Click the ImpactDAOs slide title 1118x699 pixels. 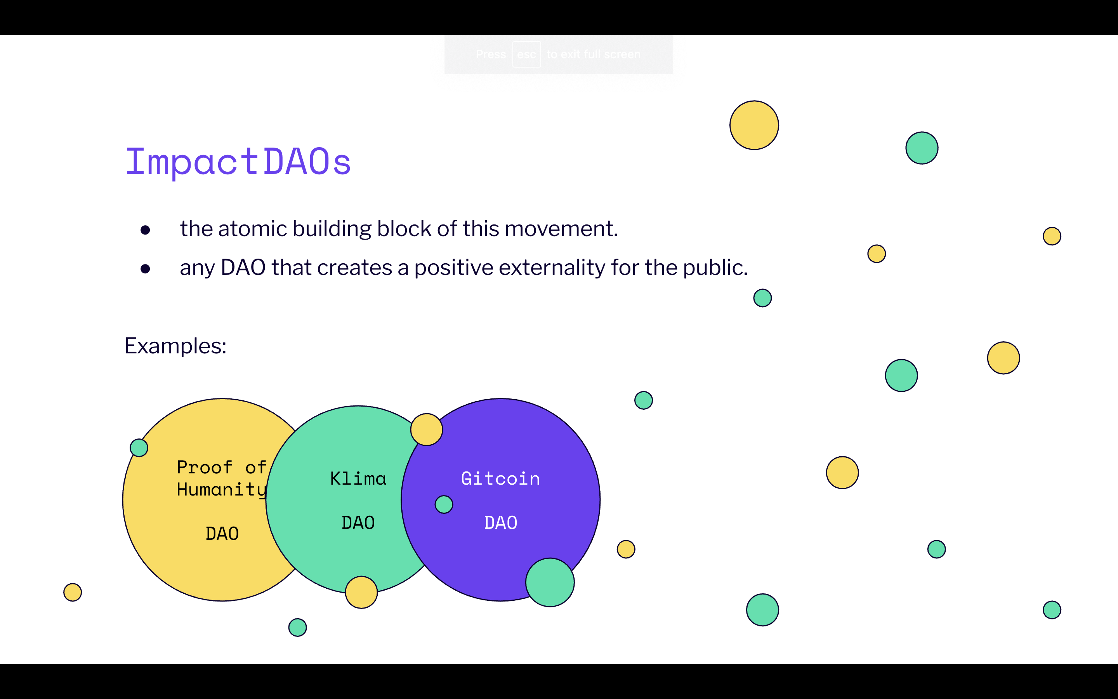[238, 162]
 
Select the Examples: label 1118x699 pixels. [175, 346]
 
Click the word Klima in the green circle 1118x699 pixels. [358, 478]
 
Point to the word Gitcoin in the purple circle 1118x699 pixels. [500, 478]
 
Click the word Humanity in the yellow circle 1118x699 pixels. [222, 490]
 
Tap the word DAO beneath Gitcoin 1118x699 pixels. [500, 523]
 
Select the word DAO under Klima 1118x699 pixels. [358, 523]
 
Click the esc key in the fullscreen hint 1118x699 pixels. [526, 54]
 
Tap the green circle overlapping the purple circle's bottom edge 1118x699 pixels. [550, 582]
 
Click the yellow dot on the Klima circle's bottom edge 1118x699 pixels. [361, 592]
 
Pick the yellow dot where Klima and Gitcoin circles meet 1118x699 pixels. [426, 429]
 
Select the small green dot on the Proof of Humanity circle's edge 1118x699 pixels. [139, 447]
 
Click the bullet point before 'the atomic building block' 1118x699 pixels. [146, 230]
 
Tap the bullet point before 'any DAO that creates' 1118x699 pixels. [146, 269]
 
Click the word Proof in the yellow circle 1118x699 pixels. [204, 468]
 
